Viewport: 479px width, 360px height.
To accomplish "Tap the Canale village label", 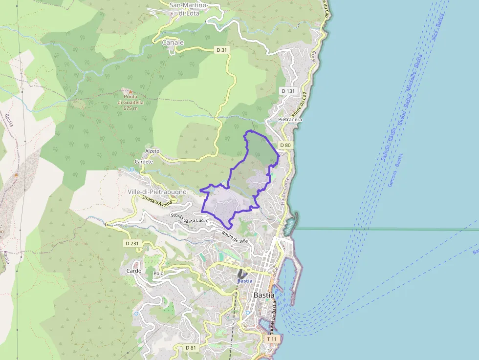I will pyautogui.click(x=173, y=42).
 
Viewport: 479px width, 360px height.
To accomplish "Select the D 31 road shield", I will pyautogui.click(x=221, y=50).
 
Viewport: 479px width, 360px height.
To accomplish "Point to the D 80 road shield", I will pyautogui.click(x=285, y=145).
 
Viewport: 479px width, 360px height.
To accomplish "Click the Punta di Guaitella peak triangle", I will pyautogui.click(x=130, y=91).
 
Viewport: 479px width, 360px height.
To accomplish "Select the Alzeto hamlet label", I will pyautogui.click(x=152, y=151).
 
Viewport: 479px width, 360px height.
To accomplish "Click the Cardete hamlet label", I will pyautogui.click(x=144, y=162).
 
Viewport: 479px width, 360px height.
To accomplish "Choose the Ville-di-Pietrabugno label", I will pyautogui.click(x=157, y=192).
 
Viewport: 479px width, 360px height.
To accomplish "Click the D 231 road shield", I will pyautogui.click(x=132, y=243).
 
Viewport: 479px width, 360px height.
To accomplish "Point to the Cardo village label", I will pyautogui.click(x=134, y=271).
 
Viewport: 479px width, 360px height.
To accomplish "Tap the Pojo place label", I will pyautogui.click(x=158, y=274).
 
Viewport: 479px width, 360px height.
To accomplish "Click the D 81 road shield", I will pyautogui.click(x=191, y=347).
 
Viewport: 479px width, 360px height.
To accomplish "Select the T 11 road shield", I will pyautogui.click(x=272, y=339).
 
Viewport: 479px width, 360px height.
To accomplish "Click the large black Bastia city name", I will pyautogui.click(x=264, y=296).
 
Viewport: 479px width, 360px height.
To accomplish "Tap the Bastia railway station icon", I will pyautogui.click(x=242, y=274).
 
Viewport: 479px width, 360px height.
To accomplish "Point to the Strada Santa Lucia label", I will pyautogui.click(x=189, y=218).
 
